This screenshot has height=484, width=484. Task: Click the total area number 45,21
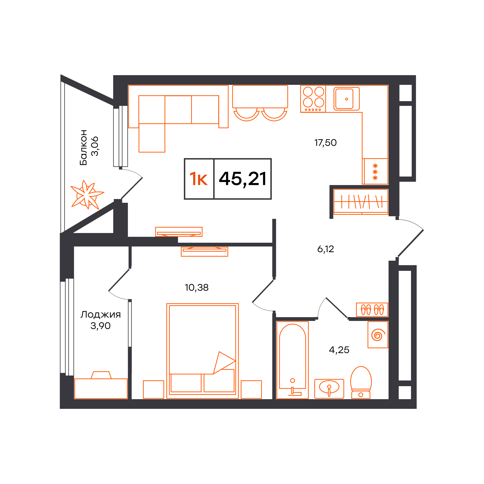pyautogui.click(x=242, y=179)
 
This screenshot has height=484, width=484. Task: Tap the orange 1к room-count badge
pyautogui.click(x=199, y=179)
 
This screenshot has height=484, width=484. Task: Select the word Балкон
pyautogui.click(x=83, y=147)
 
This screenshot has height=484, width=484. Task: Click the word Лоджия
pyautogui.click(x=100, y=315)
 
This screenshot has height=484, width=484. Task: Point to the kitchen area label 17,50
pyautogui.click(x=325, y=143)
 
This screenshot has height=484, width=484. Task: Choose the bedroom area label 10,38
pyautogui.click(x=197, y=288)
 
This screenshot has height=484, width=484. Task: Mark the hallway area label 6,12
pyautogui.click(x=325, y=249)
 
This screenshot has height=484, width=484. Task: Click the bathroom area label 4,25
pyautogui.click(x=339, y=350)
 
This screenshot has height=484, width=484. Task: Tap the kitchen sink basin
pyautogui.click(x=346, y=99)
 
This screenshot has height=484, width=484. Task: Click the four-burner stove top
pyautogui.click(x=313, y=99)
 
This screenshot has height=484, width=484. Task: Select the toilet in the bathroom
pyautogui.click(x=361, y=382)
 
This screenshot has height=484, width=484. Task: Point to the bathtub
pyautogui.click(x=292, y=360)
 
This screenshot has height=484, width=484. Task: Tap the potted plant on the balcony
pyautogui.click(x=87, y=195)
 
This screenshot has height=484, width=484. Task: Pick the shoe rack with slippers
pyautogui.click(x=372, y=310)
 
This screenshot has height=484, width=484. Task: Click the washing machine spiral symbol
pyautogui.click(x=378, y=335)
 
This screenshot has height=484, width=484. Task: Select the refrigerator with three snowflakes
pyautogui.click(x=375, y=172)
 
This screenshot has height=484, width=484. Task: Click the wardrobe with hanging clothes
pyautogui.click(x=361, y=202)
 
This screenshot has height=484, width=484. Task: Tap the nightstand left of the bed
pyautogui.click(x=154, y=389)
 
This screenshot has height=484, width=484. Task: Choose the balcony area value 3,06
pyautogui.click(x=95, y=147)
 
